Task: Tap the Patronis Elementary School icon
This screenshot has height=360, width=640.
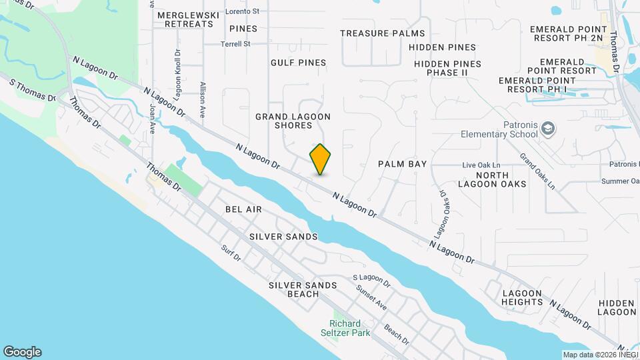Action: tap(547, 128)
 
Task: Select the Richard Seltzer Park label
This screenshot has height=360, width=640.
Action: tap(355, 328)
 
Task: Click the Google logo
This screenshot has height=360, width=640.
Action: tap(22, 352)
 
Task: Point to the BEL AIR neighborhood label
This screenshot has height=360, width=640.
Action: tap(243, 209)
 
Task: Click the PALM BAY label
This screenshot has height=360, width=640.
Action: tap(402, 164)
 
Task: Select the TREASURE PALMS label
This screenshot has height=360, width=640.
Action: tap(382, 33)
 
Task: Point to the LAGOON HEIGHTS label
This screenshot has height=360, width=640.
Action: tap(523, 297)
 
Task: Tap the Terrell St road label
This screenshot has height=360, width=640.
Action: tap(236, 44)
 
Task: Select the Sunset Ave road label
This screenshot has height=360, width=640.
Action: tap(371, 297)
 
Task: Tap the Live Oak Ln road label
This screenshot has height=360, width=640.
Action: tap(481, 165)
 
